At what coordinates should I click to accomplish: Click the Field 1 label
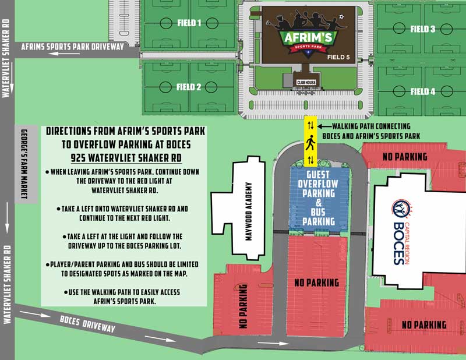pos(189,24)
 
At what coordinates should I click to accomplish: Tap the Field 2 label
pos(189,87)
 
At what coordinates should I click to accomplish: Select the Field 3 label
pos(422,29)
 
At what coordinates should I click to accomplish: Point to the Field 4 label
pos(422,91)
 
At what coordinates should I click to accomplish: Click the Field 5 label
pos(339,58)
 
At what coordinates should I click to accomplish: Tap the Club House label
pos(306,83)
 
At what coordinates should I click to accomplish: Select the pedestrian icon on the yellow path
pos(310,142)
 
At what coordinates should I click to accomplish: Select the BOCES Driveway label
pos(88,326)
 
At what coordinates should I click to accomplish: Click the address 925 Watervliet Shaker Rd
pos(126,157)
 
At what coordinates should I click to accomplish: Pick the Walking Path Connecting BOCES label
pos(371,131)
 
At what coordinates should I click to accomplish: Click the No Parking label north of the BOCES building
pos(404,157)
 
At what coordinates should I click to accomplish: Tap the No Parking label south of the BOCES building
pos(424,324)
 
